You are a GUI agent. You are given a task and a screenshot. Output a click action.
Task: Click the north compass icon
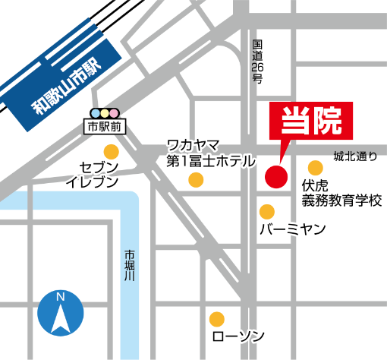pyautogui.click(x=60, y=314)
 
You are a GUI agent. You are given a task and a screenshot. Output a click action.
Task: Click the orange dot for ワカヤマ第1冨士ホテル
pyautogui.click(x=196, y=179)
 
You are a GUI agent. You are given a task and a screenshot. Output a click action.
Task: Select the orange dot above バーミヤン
pyautogui.click(x=266, y=211)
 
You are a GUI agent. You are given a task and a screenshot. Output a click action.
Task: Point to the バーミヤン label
pyautogui.click(x=292, y=229)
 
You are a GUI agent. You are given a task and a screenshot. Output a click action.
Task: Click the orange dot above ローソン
pyautogui.click(x=216, y=317)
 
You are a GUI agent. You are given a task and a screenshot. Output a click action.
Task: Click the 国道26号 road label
pyautogui.click(x=257, y=62)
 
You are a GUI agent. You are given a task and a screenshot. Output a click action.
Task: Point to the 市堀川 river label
pyautogui.click(x=129, y=266)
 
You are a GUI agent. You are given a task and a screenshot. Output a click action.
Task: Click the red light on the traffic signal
pyautogui.click(x=115, y=112)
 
